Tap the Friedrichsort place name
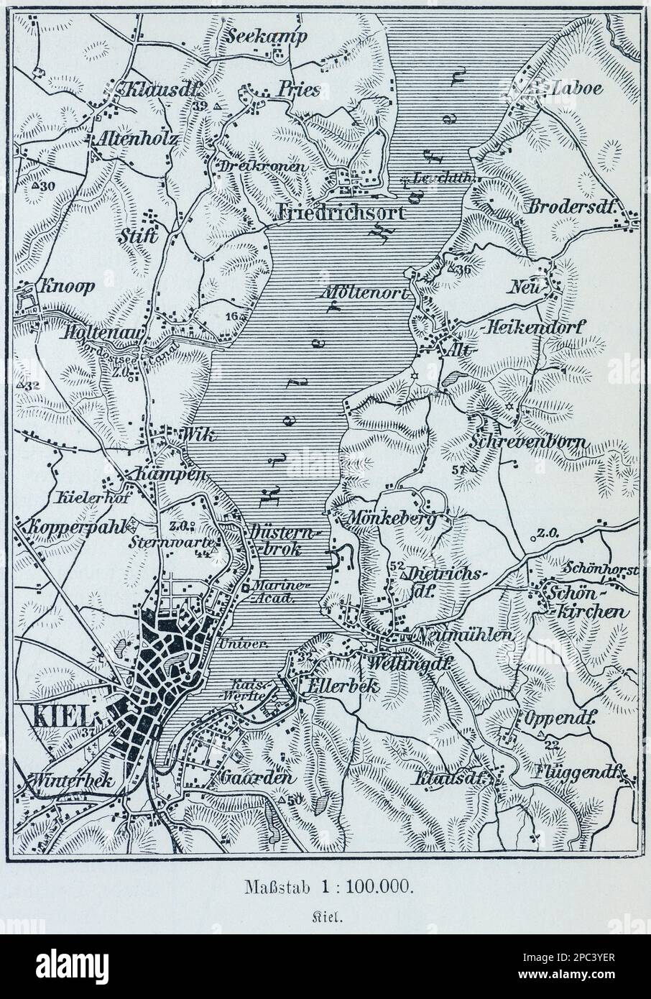pos(341,213)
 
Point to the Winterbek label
pos(68,781)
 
